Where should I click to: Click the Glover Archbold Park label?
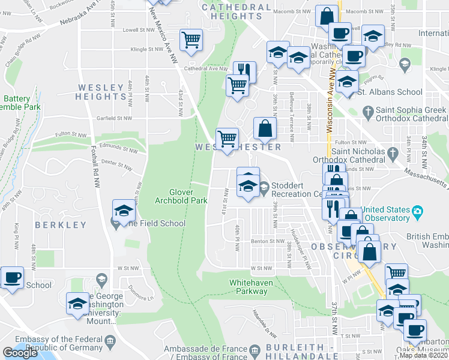click(x=181, y=196)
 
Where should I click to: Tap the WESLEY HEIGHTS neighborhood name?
click(x=101, y=92)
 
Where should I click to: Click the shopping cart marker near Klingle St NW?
click(x=191, y=40)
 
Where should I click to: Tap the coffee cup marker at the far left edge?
click(x=12, y=278)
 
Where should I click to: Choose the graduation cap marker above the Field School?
click(x=124, y=211)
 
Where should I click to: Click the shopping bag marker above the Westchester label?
click(x=265, y=128)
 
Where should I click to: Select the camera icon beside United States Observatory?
click(x=417, y=211)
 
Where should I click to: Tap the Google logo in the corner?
click(x=20, y=353)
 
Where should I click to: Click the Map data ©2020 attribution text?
click(x=423, y=355)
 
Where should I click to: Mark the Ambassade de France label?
click(x=205, y=349)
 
